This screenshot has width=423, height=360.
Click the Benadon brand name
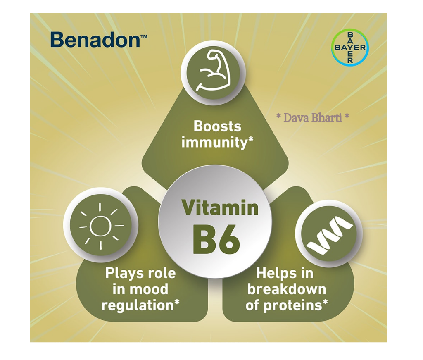(x=95, y=40)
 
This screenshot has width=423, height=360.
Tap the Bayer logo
(x=350, y=48)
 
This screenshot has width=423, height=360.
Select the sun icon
(x=101, y=226)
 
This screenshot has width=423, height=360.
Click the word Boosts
(x=217, y=126)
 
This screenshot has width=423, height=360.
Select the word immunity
(x=214, y=142)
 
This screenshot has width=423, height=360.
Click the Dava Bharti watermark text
(x=313, y=117)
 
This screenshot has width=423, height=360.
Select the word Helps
(x=274, y=273)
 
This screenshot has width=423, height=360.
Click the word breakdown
(x=287, y=289)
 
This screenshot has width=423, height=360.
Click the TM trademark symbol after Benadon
(x=144, y=36)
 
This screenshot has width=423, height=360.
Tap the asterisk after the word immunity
(x=251, y=139)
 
